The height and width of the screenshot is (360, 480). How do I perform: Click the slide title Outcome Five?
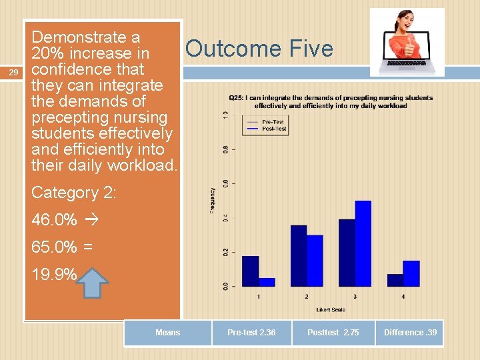coord(259,49)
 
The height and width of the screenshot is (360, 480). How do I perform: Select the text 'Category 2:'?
coord(73,193)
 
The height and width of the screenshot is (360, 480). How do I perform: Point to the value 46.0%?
coord(54,219)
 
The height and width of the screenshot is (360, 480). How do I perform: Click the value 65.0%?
coord(54,247)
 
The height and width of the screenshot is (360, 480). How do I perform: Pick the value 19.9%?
coord(54,274)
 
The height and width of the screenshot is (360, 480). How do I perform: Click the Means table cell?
coord(167,333)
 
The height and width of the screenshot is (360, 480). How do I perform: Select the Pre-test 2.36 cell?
coord(251,333)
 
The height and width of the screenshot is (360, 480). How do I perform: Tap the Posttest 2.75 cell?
coord(333,333)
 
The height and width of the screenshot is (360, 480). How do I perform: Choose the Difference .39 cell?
coord(410,333)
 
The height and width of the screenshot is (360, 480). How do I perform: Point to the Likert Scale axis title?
coord(330,309)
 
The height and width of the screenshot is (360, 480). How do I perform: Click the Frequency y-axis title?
coord(213,200)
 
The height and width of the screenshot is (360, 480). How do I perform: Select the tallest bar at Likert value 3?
coord(363,243)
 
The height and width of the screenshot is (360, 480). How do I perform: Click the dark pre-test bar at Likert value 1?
coord(250,271)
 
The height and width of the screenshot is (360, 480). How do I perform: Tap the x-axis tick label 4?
coord(403,296)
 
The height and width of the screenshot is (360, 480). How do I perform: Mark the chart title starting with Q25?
coord(330,101)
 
